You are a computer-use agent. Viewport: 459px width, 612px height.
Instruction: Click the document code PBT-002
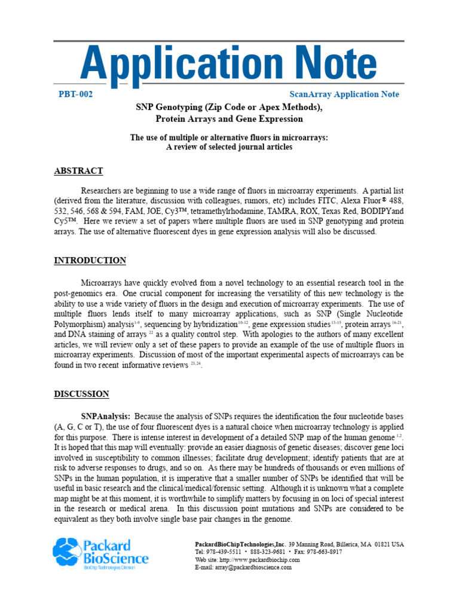pyautogui.click(x=75, y=94)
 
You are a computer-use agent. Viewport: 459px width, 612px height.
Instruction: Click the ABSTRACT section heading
pyautogui.click(x=78, y=171)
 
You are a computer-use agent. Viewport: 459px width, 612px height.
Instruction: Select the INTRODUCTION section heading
pyautogui.click(x=90, y=261)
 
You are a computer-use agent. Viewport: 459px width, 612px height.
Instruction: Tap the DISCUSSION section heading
pyautogui.click(x=81, y=394)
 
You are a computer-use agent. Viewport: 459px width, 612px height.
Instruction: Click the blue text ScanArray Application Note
pyautogui.click(x=344, y=94)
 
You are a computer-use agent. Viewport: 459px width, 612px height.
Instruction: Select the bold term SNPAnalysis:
pyautogui.click(x=106, y=416)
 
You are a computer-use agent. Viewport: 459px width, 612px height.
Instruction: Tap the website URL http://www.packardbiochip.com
pyautogui.click(x=260, y=560)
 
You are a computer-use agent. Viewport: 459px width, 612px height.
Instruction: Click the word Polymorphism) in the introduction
pyautogui.click(x=81, y=323)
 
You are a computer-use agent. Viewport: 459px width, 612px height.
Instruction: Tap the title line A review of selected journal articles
pyautogui.click(x=229, y=147)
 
